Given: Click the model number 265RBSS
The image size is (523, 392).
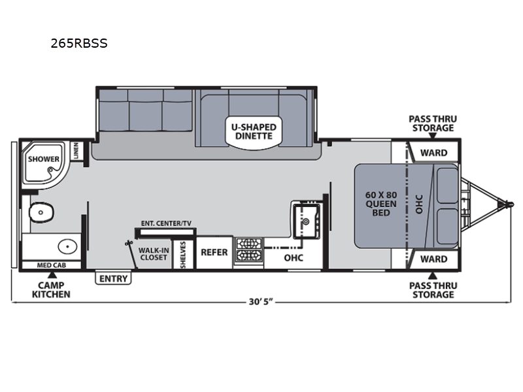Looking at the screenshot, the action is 79,43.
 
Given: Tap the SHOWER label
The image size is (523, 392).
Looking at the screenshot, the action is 43,159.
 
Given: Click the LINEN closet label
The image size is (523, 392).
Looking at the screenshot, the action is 76,150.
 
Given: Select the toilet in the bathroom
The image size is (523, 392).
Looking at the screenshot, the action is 41,212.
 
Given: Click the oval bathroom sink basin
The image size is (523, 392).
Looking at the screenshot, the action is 67,247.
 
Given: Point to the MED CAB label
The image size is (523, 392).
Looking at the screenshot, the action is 52,265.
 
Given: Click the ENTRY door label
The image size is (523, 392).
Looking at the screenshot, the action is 113,278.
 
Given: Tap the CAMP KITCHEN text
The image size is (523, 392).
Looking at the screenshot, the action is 51,289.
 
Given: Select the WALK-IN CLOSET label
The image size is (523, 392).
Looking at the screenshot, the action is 154,253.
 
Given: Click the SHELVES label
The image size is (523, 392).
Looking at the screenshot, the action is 183,255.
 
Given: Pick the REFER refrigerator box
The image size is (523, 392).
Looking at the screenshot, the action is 214,252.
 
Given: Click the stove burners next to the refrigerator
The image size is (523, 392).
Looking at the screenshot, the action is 248,250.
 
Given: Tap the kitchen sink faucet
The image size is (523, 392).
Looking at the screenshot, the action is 306,221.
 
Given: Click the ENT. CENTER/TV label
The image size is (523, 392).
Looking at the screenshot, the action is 166,223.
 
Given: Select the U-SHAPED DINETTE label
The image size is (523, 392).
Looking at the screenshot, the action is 254,132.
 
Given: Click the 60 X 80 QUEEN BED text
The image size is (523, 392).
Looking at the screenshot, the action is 381,204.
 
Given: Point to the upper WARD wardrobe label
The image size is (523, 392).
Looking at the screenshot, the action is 433,153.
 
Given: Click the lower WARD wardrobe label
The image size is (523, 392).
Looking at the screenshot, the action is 433,259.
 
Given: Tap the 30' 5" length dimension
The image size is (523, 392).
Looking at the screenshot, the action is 261,302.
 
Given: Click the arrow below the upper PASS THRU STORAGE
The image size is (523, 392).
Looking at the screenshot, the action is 433,136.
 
